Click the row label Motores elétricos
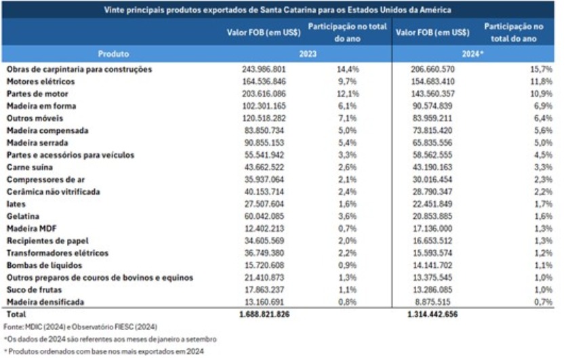coord(36,81)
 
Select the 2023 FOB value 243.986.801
coord(264,69)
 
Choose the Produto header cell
coord(113,54)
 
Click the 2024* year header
coord(473,54)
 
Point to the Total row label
coord(16,315)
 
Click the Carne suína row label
coord(29,167)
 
